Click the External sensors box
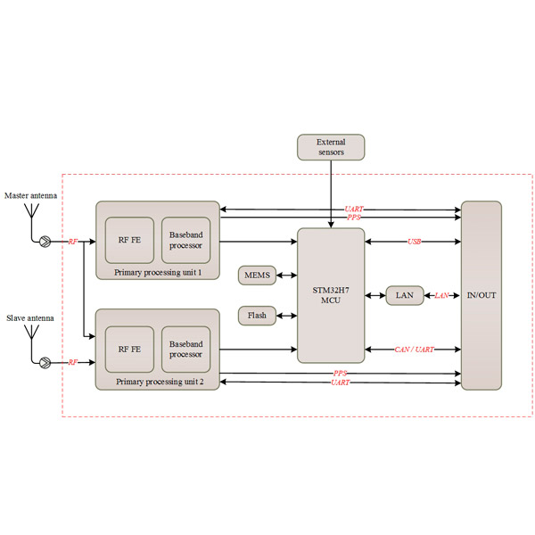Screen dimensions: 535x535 pyautogui.click(x=330, y=147)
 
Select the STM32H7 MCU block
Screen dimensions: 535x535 pyautogui.click(x=331, y=294)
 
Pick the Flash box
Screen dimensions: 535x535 pyautogui.click(x=257, y=315)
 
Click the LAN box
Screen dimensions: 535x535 pyautogui.click(x=404, y=295)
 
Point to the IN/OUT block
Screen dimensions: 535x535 pyautogui.click(x=481, y=295)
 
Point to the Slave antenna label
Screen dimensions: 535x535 pyautogui.click(x=29, y=317)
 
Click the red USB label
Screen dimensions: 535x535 pyautogui.click(x=415, y=242)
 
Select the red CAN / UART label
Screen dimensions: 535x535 pyautogui.click(x=414, y=350)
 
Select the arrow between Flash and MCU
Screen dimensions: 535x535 pyautogui.click(x=286, y=315)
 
